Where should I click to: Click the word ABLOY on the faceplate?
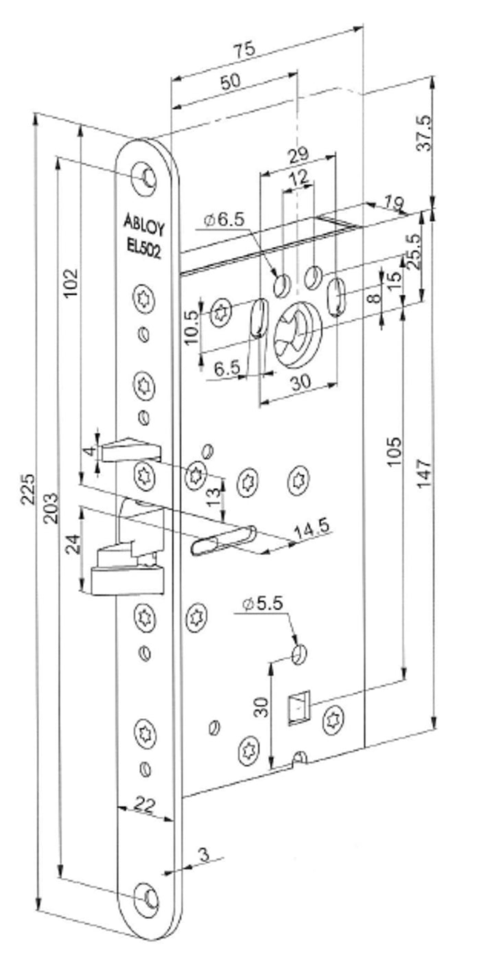pos(143,223)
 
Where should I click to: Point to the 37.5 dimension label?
pos(425,133)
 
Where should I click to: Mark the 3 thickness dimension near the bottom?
pos(203,854)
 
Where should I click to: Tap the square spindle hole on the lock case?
pos(298,707)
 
